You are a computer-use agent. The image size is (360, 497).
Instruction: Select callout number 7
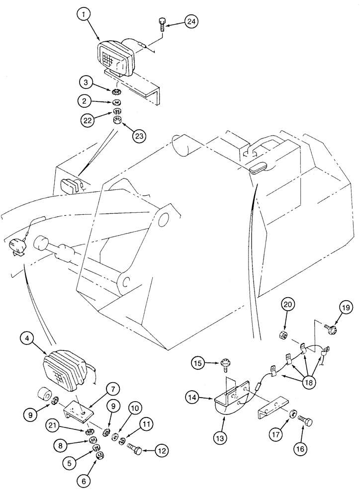[110, 389]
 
